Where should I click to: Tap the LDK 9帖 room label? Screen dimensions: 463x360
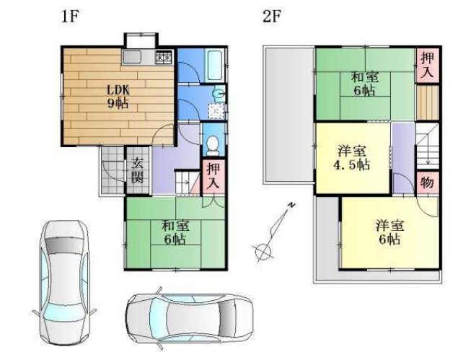click(118, 97)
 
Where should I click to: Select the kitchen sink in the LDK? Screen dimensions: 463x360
click(131, 57)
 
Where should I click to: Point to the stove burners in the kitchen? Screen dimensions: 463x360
click(164, 56)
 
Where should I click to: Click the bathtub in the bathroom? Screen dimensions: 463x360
click(214, 65)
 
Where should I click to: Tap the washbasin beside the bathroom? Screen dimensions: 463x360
click(219, 93)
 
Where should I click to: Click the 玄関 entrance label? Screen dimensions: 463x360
click(137, 170)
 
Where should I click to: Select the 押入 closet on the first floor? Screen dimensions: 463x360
click(213, 177)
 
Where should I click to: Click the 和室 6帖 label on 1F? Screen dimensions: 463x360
click(175, 232)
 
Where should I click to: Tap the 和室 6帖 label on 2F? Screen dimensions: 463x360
click(365, 84)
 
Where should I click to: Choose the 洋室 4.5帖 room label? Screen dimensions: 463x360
click(352, 157)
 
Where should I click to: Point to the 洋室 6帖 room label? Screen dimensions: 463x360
click(389, 232)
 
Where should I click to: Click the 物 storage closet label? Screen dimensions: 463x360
click(427, 183)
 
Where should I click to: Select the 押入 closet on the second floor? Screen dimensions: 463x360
click(427, 66)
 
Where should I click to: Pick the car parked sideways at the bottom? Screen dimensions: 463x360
click(190, 317)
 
